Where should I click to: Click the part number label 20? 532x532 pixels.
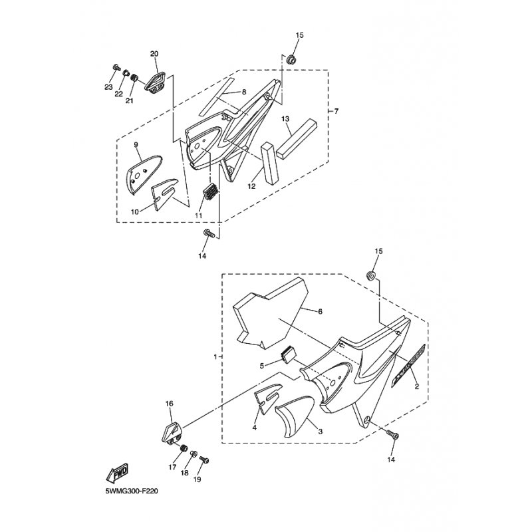click(x=154, y=53)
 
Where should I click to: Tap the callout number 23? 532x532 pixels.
click(x=108, y=86)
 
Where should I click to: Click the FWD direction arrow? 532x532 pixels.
click(x=117, y=473)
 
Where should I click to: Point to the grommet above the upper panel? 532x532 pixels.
click(x=291, y=61)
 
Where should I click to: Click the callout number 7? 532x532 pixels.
click(x=336, y=111)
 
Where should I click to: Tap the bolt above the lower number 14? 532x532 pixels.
click(x=392, y=436)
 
